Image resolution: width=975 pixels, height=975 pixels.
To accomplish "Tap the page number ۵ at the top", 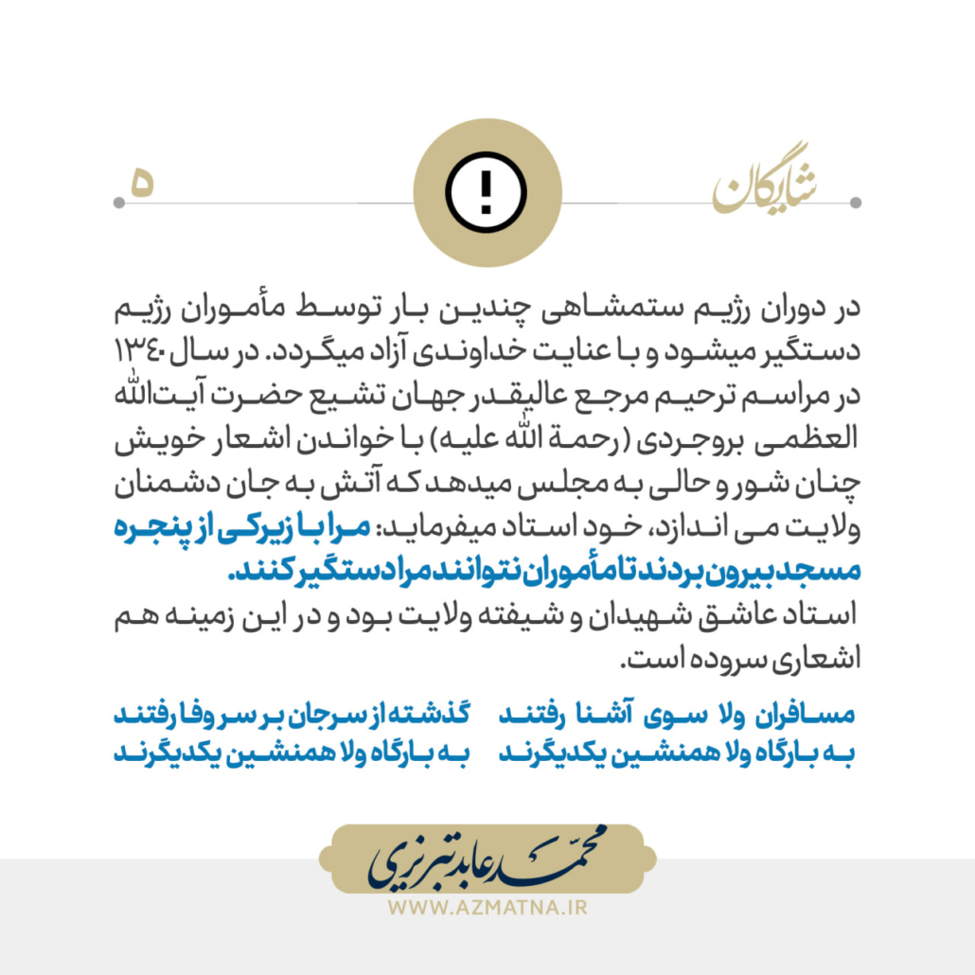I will click(x=141, y=182).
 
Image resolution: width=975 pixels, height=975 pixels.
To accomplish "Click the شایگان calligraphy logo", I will click(x=766, y=190).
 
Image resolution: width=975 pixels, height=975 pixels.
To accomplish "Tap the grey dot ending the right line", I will click(x=856, y=203).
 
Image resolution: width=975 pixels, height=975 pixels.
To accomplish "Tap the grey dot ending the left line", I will click(x=118, y=203).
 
